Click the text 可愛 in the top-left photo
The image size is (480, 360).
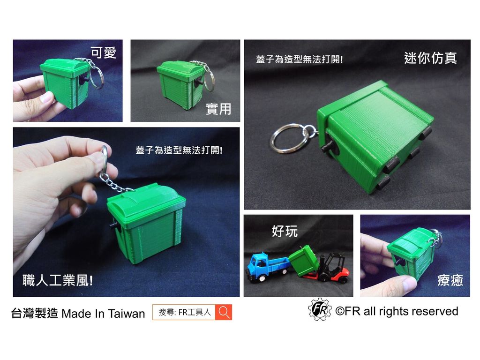(103, 53)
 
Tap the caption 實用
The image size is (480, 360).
(218, 109)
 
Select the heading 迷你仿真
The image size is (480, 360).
(430, 58)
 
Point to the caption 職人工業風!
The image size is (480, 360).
(57, 281)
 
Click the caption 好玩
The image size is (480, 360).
(284, 231)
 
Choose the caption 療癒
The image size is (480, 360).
(450, 280)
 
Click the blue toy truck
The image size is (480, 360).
(265, 267)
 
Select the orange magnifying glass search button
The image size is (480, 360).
(224, 312)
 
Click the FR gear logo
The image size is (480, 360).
(320, 310)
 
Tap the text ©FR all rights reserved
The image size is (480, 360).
(397, 311)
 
